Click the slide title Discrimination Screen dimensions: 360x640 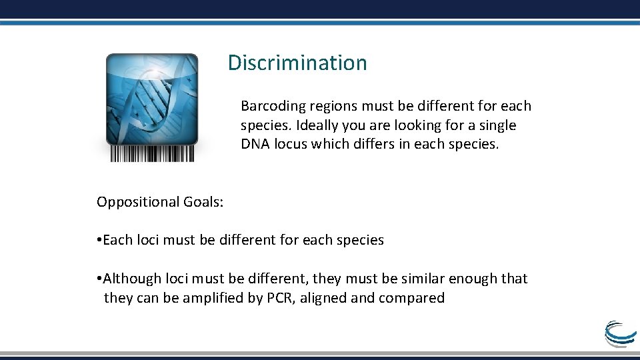pyautogui.click(x=297, y=63)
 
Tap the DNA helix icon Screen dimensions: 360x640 pyautogui.click(x=152, y=99)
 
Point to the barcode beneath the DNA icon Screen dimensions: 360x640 pyautogui.click(x=152, y=153)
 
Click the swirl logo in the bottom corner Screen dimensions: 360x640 pyautogui.click(x=619, y=333)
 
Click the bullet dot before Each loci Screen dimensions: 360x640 pyautogui.click(x=99, y=240)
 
